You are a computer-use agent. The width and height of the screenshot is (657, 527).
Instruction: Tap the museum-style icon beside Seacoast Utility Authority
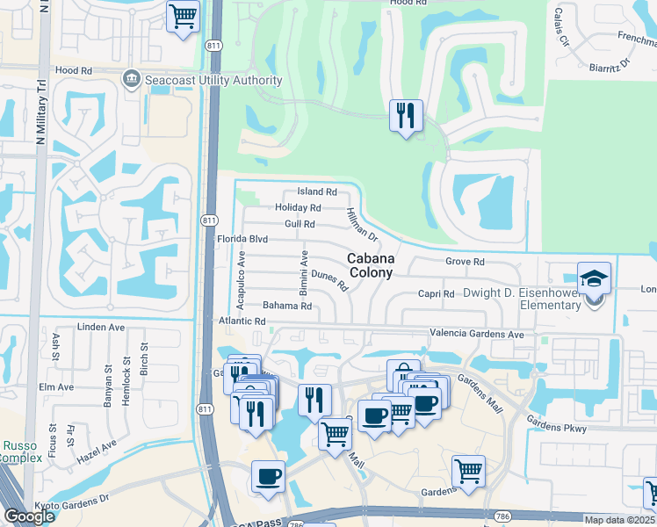(132, 80)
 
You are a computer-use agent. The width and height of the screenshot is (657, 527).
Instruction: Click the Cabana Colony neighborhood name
(370, 265)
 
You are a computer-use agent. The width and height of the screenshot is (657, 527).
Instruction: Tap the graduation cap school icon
(594, 278)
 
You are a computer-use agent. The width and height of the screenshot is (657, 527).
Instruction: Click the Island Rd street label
(317, 191)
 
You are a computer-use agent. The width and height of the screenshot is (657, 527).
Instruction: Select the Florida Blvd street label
(242, 239)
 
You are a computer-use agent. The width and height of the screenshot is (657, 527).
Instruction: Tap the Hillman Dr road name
(361, 226)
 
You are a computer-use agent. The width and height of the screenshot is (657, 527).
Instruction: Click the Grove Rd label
(465, 262)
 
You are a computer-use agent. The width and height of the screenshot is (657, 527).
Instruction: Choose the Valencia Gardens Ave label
(476, 335)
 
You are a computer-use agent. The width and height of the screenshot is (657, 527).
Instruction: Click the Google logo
(28, 516)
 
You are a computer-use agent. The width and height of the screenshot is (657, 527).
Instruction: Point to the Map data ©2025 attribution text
(619, 520)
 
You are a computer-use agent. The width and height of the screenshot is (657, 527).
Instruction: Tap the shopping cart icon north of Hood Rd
(183, 16)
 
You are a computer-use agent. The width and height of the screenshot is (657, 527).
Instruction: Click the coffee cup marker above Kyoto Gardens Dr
(268, 477)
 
